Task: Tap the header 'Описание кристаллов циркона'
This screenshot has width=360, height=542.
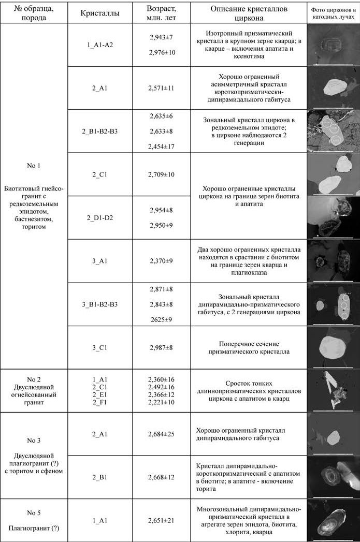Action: point(249,14)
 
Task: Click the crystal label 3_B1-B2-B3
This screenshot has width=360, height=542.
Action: point(100,304)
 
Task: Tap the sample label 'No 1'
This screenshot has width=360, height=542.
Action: point(34,166)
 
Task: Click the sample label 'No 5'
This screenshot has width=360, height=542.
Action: point(34,513)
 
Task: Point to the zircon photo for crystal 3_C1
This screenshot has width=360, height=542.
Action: point(333,347)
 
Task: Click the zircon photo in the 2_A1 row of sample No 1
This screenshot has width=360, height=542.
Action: point(333,88)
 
